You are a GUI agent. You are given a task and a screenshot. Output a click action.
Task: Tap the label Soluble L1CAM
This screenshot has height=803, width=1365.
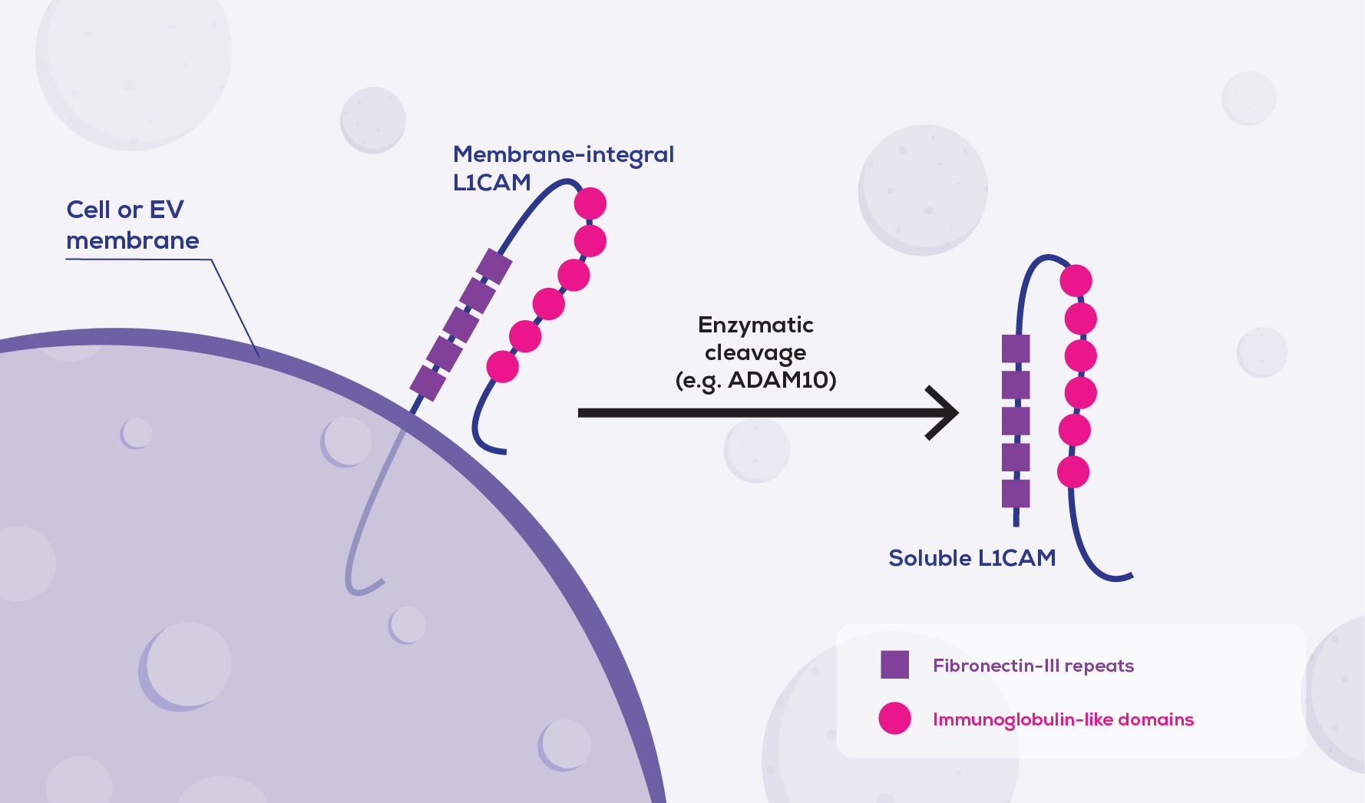point(972,558)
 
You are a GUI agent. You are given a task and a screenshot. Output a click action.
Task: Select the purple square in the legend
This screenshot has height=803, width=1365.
point(894,665)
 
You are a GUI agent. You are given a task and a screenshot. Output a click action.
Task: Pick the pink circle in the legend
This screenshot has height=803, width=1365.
point(894,719)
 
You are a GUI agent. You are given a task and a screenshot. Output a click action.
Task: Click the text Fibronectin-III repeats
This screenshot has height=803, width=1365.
point(1033,666)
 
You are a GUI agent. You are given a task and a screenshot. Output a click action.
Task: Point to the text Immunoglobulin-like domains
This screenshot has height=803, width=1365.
point(1063,719)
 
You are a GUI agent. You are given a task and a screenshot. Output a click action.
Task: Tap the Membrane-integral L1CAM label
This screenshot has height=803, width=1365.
point(563,168)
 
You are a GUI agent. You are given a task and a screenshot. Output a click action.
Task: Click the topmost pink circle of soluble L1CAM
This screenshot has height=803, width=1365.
point(1076,281)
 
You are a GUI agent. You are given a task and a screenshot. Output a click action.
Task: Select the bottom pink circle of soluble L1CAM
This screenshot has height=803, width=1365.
point(1073,471)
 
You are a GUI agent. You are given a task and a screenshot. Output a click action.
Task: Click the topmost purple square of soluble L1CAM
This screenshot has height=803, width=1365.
point(1016,349)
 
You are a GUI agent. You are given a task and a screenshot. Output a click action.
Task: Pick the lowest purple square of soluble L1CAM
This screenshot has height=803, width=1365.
point(1016,494)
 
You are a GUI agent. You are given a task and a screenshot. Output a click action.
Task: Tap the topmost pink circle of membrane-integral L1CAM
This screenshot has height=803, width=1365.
point(590,203)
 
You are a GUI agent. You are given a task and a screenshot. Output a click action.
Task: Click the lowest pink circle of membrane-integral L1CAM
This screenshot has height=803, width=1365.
point(503,366)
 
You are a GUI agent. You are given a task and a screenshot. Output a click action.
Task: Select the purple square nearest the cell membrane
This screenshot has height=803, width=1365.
point(428,382)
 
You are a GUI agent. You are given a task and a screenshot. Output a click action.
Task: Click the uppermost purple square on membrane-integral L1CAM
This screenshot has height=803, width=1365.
point(494,266)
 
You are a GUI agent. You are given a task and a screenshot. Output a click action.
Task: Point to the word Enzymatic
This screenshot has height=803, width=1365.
point(755,325)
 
